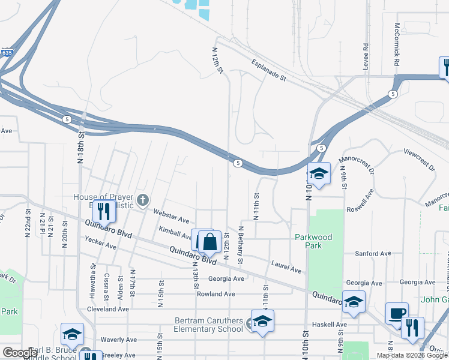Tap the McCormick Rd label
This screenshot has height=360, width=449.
397,45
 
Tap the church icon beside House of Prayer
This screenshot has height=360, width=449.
142,200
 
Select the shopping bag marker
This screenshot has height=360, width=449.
210,243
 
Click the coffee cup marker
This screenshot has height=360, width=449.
397,314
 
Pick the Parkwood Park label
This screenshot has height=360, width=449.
313,241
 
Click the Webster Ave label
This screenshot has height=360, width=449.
171,215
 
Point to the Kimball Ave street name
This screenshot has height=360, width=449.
175,231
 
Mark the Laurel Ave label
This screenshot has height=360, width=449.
286,266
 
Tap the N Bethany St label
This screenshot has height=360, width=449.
240,245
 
